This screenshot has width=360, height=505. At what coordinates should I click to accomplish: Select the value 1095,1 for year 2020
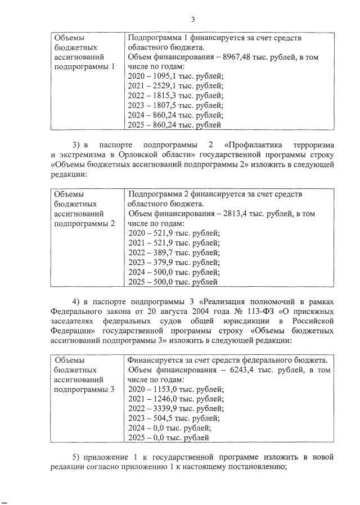[x=163, y=76]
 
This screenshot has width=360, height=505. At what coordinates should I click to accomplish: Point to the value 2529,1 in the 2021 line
[x=163, y=85]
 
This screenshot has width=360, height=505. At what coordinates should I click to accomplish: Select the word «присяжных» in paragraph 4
[x=316, y=311]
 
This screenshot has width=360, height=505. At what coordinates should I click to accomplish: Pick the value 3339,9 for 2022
[x=163, y=408]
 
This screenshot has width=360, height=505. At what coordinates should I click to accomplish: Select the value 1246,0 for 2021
[x=163, y=399]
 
